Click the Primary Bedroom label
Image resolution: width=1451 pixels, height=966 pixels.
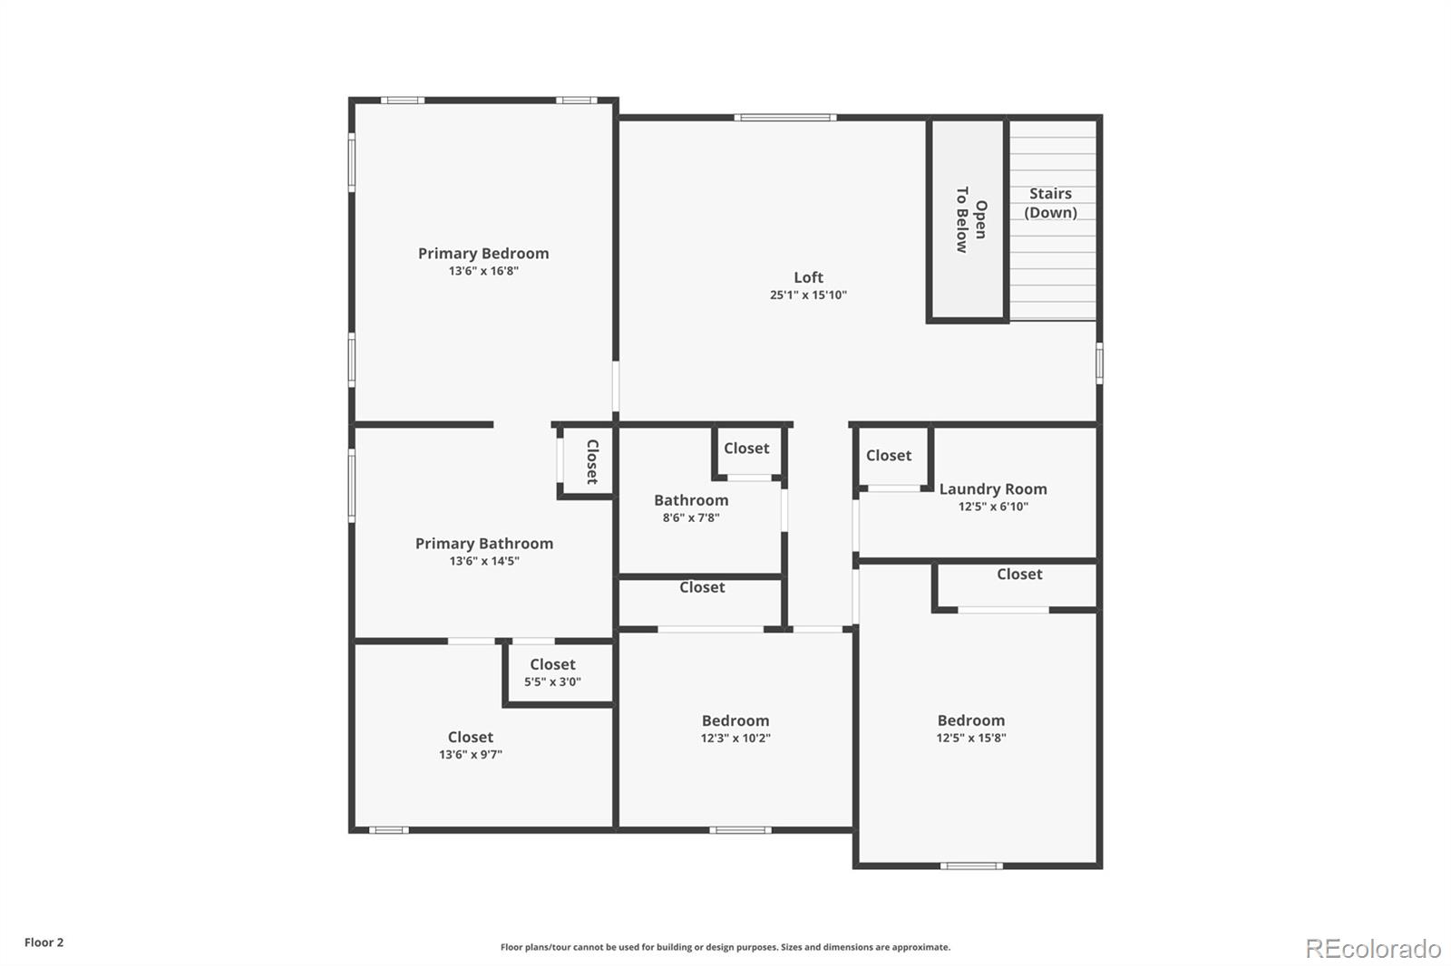click(483, 254)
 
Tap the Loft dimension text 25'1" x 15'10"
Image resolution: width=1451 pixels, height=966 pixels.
click(808, 295)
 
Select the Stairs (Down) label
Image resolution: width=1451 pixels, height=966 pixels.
click(1050, 203)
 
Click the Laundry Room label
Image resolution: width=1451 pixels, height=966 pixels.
click(993, 489)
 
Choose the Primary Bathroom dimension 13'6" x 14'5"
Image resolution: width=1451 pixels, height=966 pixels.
click(484, 562)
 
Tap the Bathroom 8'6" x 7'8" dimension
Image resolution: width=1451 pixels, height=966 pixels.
click(691, 518)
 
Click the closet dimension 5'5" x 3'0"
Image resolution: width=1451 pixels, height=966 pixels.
click(552, 682)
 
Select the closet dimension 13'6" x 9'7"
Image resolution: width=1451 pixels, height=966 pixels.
click(471, 755)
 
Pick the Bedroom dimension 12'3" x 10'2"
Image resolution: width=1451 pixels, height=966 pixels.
click(735, 739)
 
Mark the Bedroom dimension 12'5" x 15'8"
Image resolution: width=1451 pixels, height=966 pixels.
click(970, 739)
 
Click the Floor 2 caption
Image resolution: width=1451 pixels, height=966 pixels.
click(44, 942)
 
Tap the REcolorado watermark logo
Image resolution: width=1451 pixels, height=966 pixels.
click(1373, 949)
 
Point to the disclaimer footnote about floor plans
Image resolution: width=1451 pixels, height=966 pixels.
click(725, 948)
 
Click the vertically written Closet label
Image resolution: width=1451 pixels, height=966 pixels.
click(592, 462)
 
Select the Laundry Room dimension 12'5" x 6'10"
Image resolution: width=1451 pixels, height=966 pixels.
click(993, 507)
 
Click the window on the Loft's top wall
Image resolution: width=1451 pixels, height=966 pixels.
click(785, 117)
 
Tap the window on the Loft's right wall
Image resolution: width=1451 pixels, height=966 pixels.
click(1099, 362)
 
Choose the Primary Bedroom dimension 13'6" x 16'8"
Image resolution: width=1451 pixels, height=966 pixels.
click(483, 271)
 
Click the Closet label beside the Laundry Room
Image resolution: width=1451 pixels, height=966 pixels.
click(889, 456)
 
